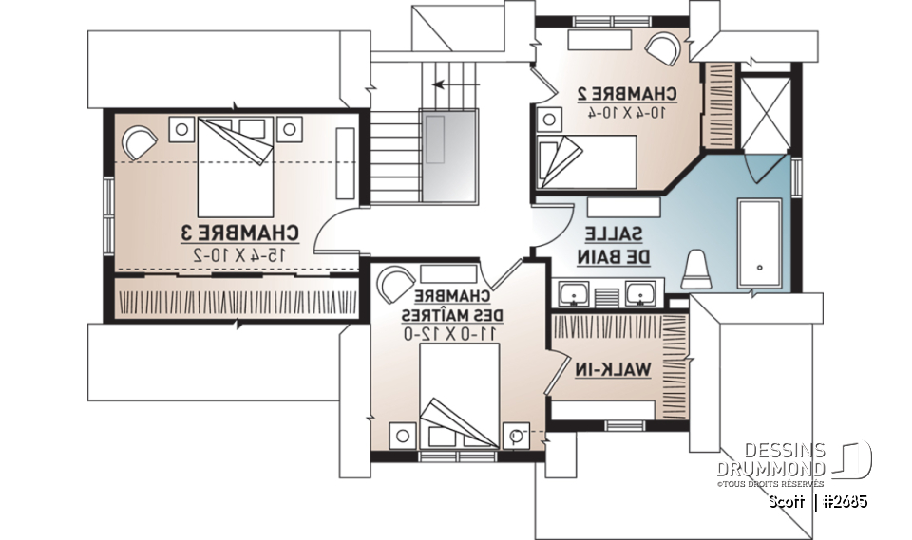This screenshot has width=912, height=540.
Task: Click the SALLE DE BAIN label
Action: [614, 244]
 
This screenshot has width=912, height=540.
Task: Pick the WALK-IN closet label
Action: [615, 370]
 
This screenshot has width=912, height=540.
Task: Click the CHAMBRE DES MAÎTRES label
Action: [451, 305]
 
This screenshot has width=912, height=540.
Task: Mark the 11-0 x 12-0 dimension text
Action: [451, 332]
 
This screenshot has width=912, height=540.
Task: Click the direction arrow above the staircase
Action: [451, 84]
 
